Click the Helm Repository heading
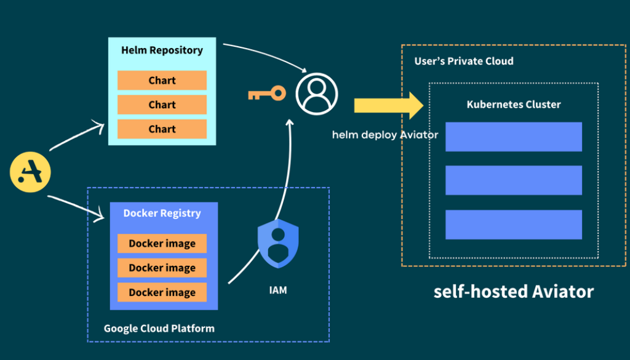click(x=162, y=50)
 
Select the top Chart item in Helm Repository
click(x=162, y=81)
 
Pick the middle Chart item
click(x=162, y=105)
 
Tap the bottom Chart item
click(x=162, y=129)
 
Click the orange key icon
click(x=267, y=94)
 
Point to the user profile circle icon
click(x=317, y=94)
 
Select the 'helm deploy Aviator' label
click(x=385, y=135)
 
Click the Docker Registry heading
click(x=162, y=214)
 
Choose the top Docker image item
click(x=162, y=244)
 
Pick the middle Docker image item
click(x=162, y=268)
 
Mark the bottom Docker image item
click(x=162, y=292)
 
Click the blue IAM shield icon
click(x=277, y=244)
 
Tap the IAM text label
click(x=278, y=290)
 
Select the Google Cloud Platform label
click(x=159, y=328)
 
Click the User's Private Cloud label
click(x=464, y=61)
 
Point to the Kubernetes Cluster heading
click(x=514, y=105)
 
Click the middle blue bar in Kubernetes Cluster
click(x=514, y=180)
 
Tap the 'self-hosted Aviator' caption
click(x=514, y=291)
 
